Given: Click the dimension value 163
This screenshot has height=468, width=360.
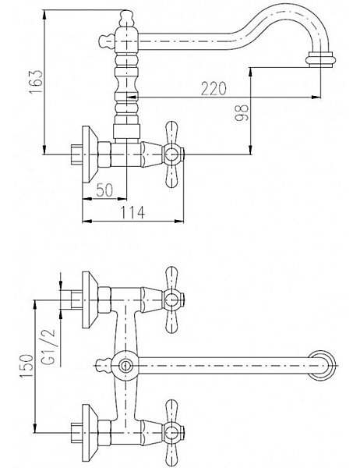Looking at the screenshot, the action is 37,81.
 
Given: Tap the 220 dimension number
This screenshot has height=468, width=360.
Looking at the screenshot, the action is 214,89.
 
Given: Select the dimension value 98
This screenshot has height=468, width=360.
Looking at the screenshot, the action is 242,112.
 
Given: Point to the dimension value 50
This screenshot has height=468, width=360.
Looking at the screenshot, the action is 104,190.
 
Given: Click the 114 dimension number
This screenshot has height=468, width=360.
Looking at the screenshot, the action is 132,212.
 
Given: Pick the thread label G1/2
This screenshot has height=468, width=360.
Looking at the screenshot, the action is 49,347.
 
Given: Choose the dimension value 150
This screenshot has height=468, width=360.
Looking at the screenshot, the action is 26,366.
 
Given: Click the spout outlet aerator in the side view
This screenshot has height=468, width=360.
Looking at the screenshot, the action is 320,58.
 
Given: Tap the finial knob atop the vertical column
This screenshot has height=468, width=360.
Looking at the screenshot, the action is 125,18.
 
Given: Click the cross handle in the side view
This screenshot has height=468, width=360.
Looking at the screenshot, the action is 171,154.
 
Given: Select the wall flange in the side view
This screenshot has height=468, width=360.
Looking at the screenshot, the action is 90,154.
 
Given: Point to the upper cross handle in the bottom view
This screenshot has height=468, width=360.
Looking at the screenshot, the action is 171,300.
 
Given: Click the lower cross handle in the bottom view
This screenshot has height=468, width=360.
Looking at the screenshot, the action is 171,432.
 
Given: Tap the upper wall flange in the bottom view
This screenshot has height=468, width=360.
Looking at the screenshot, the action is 90,300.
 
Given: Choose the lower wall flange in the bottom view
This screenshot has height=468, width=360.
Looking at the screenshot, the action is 90,432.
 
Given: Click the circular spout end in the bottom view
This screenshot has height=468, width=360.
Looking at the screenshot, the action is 322,365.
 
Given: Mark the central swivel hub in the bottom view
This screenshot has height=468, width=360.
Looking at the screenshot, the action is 125,365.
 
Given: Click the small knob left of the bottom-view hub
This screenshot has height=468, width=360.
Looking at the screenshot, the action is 103,365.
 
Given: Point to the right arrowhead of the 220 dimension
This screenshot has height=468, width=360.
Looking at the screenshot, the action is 316,97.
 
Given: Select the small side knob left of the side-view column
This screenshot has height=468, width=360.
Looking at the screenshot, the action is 107,41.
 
